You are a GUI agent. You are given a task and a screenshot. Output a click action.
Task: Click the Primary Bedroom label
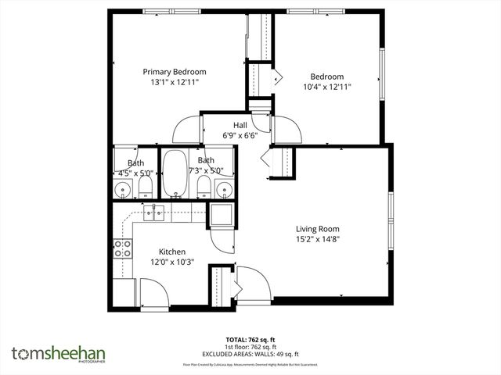pyautogui.click(x=174, y=71)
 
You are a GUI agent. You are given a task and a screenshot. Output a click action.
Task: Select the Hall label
pyautogui.click(x=240, y=125)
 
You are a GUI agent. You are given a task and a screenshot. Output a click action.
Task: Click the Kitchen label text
pyautogui.click(x=172, y=252)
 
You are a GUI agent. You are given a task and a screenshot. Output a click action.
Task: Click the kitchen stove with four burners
pyautogui.click(x=123, y=249)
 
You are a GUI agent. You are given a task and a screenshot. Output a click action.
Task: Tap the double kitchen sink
pyautogui.click(x=153, y=212)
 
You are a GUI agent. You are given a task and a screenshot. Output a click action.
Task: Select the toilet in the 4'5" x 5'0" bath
pyautogui.click(x=145, y=187)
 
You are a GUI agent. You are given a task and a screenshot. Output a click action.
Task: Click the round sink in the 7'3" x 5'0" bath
pyautogui.click(x=224, y=188)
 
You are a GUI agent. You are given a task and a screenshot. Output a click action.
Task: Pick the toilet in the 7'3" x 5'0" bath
pyautogui.click(x=204, y=187)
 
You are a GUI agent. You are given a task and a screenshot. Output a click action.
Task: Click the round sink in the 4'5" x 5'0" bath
pyautogui.click(x=124, y=188)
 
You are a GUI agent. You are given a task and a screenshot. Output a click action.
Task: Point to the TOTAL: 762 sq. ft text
pyautogui.click(x=250, y=340)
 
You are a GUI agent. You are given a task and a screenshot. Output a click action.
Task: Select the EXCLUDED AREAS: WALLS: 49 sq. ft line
pyautogui.click(x=250, y=352)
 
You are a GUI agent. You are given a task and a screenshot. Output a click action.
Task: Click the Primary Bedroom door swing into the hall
pyautogui.click(x=186, y=127)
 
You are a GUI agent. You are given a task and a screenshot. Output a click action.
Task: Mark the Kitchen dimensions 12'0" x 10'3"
pyautogui.click(x=172, y=262)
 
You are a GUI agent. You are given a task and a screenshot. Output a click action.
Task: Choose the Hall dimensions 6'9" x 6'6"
pyautogui.click(x=240, y=135)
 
